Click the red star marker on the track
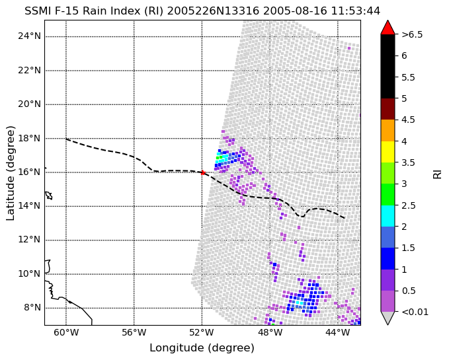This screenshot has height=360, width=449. coord(203,172)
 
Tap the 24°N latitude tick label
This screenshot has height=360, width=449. coord(30,36)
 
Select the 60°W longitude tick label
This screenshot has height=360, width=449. coord(66,332)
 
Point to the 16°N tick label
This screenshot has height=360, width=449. coord(30,172)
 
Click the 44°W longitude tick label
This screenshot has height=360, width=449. coord(338,332)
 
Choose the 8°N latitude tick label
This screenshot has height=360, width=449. coord(32,308)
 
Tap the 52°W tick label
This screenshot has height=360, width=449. coord(202,332)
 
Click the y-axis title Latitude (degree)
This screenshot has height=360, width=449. coord(10,172)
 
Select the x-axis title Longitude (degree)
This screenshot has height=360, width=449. coord(202,348)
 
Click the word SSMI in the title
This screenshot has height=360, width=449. coord(34,11)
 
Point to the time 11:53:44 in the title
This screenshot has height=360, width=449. coord(356,11)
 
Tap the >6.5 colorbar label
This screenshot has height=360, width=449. coord(412,34)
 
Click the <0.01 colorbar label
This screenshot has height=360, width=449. coord(415,312)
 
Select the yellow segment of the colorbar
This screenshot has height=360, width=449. coord(388,152)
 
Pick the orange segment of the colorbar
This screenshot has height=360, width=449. coord(388,130)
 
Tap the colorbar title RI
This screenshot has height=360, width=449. coord(437,173)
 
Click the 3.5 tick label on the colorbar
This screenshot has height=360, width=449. coord(409,162)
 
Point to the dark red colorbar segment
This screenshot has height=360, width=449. coord(388,109)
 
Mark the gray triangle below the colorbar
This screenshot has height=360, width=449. coord(388,317)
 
